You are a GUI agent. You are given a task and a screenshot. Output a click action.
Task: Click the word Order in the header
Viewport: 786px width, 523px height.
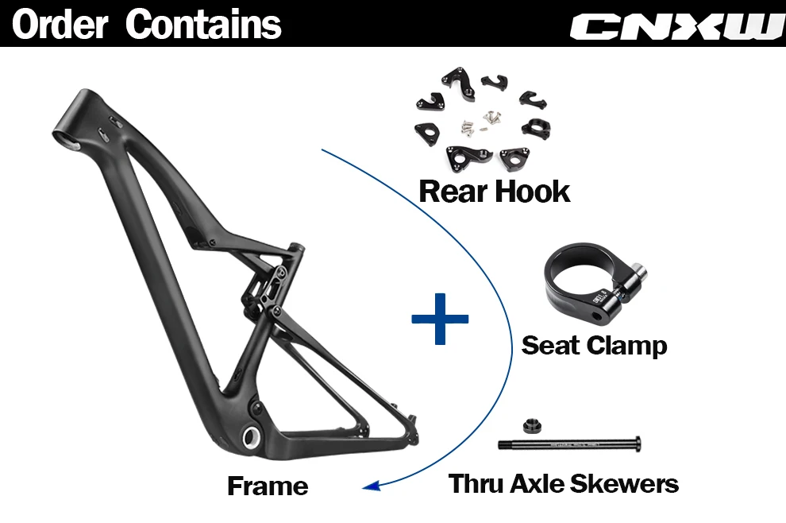coord(60,24)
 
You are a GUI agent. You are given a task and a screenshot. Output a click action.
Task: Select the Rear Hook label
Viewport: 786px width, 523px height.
coord(494,192)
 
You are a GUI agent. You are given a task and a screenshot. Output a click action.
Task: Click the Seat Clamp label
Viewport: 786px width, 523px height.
coord(594,346)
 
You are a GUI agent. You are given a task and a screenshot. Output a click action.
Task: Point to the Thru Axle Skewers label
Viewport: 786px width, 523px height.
coord(564,483)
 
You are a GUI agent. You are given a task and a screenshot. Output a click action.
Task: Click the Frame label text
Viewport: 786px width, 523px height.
coord(268,485)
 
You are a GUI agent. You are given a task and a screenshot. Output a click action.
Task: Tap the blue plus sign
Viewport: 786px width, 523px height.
coord(440,318)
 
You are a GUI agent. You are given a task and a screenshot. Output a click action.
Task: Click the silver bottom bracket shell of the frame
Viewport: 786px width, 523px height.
coord(252,437)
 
